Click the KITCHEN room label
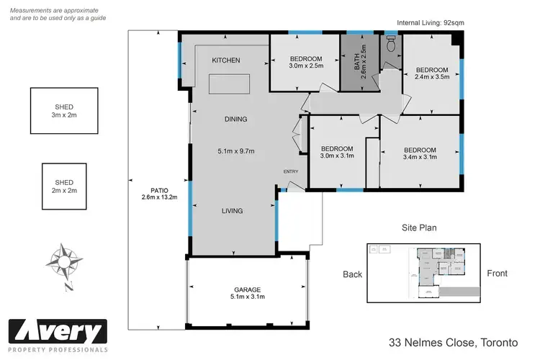coord(225,60)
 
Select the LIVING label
coord(232,211)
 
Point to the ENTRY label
coord(290,171)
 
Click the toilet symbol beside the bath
coord(391,45)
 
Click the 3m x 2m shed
coord(64,111)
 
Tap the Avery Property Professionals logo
coord(57,335)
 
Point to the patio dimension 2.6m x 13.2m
coord(159,197)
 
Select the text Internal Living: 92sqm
coord(431,23)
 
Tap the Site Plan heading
coord(420,228)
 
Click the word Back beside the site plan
coord(352,274)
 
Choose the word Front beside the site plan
coord(497,274)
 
